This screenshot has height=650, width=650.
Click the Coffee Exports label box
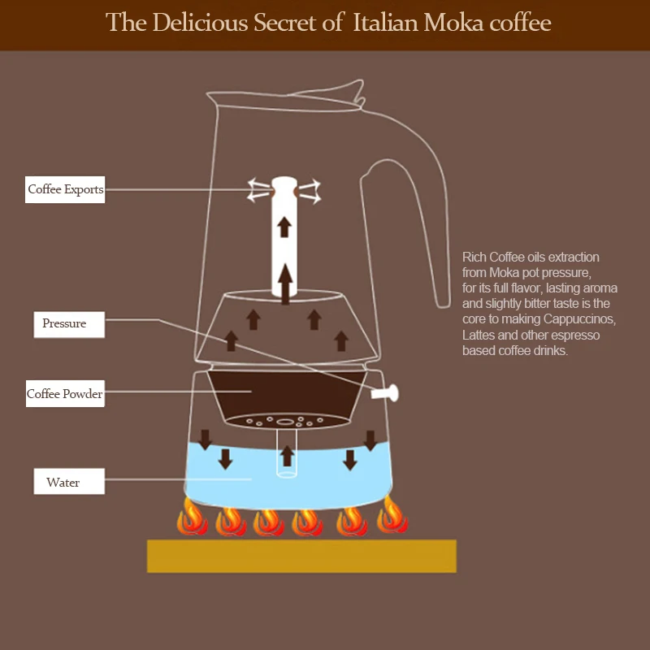click(x=65, y=189)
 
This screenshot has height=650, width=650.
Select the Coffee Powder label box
click(x=65, y=394)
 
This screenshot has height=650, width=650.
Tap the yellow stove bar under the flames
click(x=301, y=556)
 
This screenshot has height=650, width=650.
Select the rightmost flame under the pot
click(x=392, y=517)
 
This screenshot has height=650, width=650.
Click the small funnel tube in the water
click(x=286, y=460)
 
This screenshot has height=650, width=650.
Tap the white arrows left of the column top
click(x=259, y=190)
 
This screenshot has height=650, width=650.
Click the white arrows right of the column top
click(x=310, y=190)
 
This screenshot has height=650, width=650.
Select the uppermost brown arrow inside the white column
click(x=284, y=227)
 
